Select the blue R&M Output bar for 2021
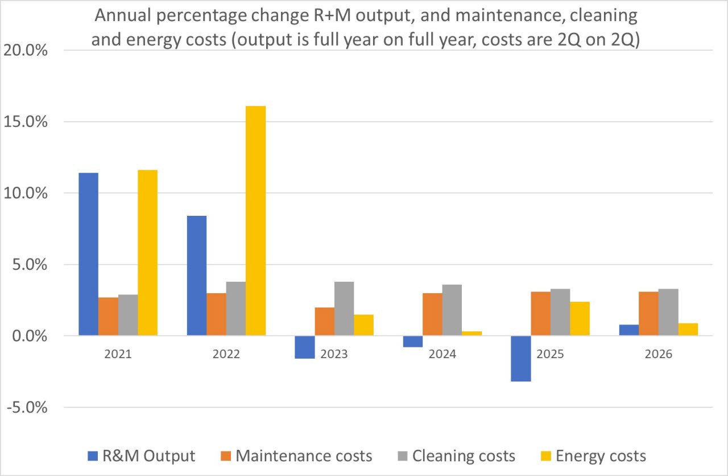click(x=88, y=254)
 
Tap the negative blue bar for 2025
click(x=520, y=358)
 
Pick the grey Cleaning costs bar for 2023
click(x=344, y=309)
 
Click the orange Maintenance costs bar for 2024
click(x=432, y=314)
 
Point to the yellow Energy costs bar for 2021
click(x=147, y=253)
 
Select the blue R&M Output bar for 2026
click(x=628, y=330)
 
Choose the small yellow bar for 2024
click(x=471, y=334)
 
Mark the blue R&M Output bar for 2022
click(x=196, y=276)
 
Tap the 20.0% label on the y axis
click(x=26, y=51)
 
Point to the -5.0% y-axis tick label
click(x=26, y=408)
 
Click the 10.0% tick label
click(x=26, y=194)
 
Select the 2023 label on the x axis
click(x=334, y=354)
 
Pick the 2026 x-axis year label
click(x=658, y=354)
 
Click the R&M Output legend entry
click(x=149, y=456)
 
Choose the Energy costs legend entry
click(x=601, y=456)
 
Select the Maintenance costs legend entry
click(x=304, y=456)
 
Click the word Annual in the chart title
click(x=123, y=16)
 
